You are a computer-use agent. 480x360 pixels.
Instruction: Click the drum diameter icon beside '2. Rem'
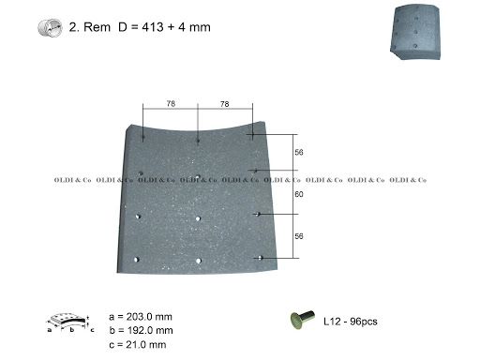50,27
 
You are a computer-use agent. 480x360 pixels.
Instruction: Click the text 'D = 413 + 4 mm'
164,27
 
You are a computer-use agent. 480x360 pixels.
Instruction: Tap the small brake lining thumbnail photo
415,32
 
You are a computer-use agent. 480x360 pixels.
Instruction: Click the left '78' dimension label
171,103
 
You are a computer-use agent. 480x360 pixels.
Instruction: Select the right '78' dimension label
225,104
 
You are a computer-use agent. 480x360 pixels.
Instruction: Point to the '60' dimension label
299,194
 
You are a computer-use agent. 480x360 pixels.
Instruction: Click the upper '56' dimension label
299,152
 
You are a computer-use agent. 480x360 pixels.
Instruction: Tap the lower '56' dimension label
299,236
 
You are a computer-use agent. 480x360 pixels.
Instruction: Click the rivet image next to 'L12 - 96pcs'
303,320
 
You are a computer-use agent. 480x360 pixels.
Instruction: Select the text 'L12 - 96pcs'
351,322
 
